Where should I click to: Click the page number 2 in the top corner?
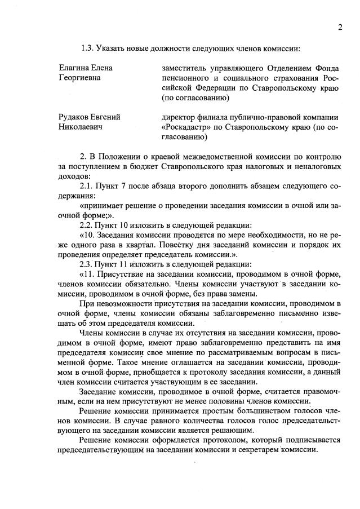(340, 27)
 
